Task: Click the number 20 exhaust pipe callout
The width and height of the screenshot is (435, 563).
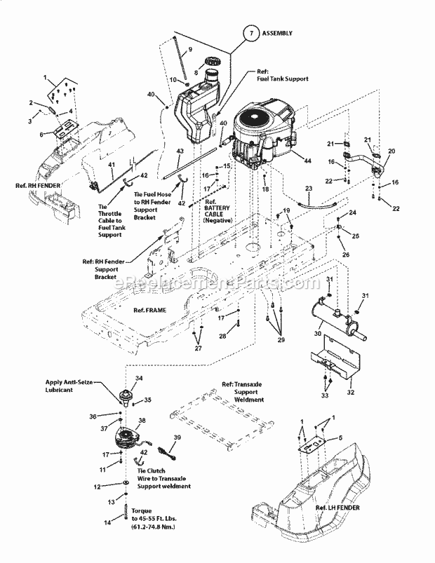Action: [391, 151]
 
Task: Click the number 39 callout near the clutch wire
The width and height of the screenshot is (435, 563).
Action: [175, 437]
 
